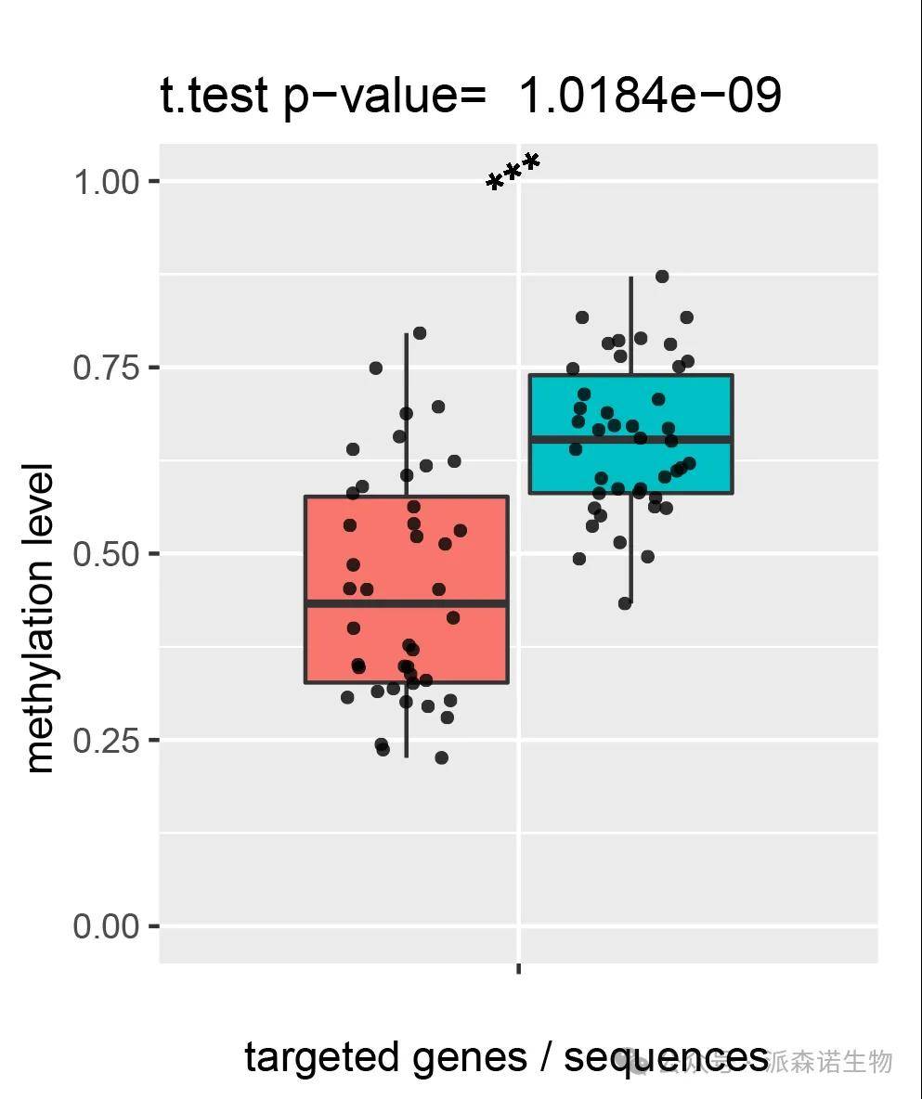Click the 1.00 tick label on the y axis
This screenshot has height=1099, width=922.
[x=106, y=181]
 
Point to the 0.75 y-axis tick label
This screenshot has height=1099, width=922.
[x=106, y=368]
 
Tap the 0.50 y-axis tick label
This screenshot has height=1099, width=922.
[x=106, y=554]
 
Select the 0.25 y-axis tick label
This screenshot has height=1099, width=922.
[x=106, y=741]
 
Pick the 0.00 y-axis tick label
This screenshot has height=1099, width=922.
[x=106, y=927]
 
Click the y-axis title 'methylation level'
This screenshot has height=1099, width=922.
[x=40, y=617]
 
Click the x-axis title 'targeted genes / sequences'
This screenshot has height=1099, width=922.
[x=506, y=1057]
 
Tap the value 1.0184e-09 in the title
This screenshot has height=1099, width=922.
[x=650, y=96]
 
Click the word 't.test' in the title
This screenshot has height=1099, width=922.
[x=214, y=96]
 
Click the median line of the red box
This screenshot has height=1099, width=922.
[x=407, y=603]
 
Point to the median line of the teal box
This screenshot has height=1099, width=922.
[x=630, y=439]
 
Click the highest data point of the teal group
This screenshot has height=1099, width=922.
[x=662, y=277]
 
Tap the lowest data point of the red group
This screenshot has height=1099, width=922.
[x=442, y=757]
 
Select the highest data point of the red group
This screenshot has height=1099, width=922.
[x=420, y=333]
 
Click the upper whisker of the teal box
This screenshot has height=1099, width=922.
[x=631, y=325]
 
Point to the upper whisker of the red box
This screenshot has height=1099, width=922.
[x=406, y=413]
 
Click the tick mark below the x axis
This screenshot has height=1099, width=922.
[x=518, y=969]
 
